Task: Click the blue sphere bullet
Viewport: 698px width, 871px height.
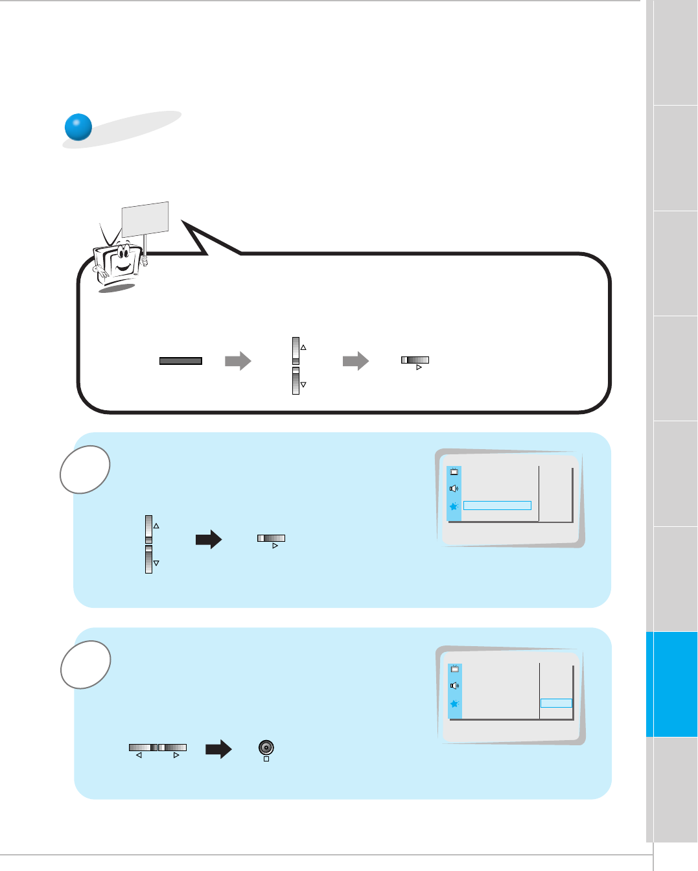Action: [78, 127]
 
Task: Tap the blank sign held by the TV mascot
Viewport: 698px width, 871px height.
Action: [145, 219]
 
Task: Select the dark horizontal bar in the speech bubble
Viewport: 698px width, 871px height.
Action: [181, 361]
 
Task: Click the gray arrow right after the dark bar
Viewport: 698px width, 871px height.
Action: [238, 361]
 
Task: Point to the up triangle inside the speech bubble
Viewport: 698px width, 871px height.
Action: [303, 348]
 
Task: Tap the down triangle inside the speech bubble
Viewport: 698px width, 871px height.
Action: [303, 385]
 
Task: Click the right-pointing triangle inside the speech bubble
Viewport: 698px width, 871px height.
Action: [419, 367]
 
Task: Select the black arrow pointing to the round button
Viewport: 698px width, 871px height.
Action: [218, 749]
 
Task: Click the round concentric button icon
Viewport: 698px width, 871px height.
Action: [266, 747]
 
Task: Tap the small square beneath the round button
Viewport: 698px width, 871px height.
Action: [266, 759]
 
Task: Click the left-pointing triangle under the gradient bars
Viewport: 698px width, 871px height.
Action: [139, 756]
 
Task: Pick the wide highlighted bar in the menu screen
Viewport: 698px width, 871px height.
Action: [497, 505]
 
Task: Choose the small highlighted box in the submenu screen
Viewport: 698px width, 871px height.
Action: [556, 703]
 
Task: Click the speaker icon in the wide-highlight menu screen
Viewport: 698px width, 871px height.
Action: [454, 489]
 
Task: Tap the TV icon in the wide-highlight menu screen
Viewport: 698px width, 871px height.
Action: [454, 472]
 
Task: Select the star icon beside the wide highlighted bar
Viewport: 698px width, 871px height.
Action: [454, 506]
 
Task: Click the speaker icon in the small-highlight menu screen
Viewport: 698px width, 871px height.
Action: [454, 686]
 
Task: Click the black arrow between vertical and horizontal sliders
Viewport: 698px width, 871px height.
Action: [209, 539]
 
